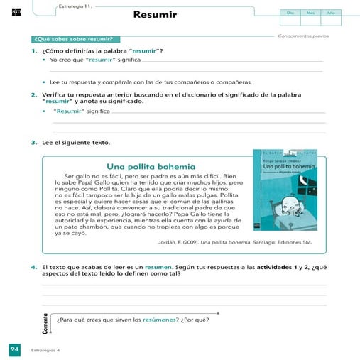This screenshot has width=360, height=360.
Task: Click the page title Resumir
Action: [154, 14]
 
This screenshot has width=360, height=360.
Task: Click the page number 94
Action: [13, 349]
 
